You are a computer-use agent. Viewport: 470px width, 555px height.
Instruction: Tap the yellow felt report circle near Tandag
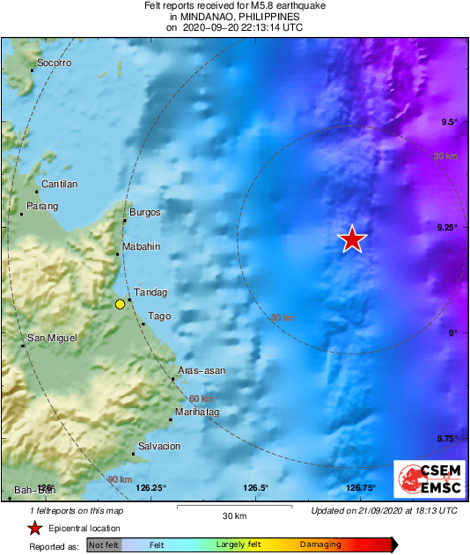(120, 304)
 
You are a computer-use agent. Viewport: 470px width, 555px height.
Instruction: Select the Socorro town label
(54, 64)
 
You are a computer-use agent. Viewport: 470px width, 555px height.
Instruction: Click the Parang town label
(42, 206)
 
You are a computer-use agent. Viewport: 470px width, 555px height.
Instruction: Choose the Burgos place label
(145, 212)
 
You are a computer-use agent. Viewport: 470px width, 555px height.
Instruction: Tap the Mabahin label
(141, 247)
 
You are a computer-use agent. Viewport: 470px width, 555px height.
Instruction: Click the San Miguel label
(52, 338)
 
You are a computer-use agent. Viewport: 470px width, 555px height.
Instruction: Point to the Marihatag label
(197, 412)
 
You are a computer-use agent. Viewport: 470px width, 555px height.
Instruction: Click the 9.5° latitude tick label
(449, 121)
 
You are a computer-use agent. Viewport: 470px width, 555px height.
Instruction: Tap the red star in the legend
(34, 528)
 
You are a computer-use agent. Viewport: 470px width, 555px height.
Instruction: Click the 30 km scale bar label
(233, 515)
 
